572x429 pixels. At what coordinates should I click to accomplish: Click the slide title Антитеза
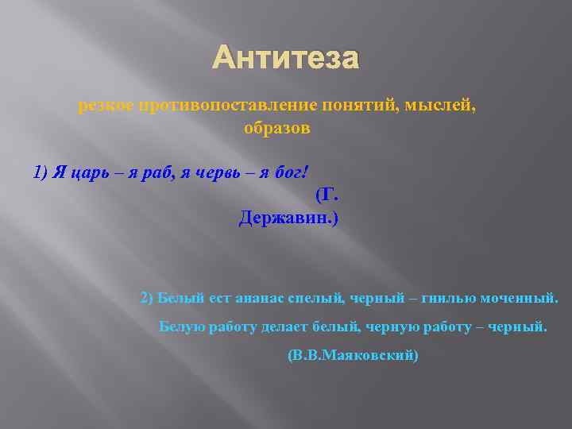286,58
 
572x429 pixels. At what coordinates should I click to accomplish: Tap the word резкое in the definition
107,106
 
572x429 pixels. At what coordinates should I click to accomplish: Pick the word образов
276,128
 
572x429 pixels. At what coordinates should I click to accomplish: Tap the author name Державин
288,218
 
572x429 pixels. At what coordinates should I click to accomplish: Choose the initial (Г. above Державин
327,195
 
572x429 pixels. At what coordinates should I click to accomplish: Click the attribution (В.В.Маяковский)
352,355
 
